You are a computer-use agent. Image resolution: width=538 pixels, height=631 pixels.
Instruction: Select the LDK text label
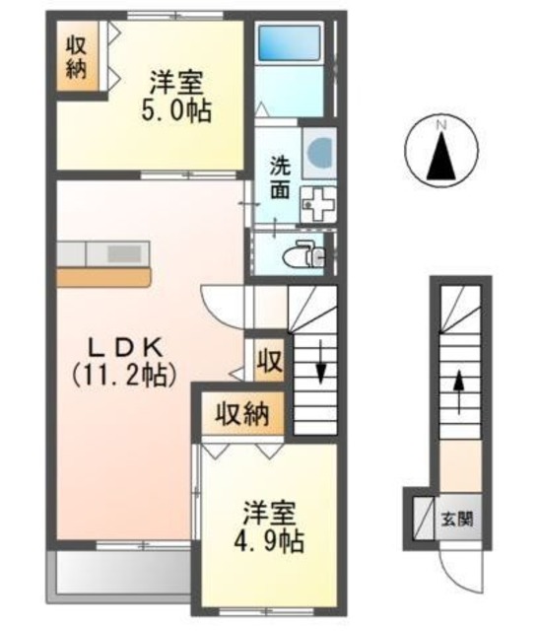pos(121,348)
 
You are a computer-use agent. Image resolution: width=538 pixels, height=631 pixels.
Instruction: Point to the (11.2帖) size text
pos(121,374)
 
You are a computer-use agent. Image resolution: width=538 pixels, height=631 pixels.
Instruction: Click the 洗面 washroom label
pos(280,176)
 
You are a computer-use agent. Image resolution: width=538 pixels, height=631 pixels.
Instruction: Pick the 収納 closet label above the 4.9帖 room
pos(243,414)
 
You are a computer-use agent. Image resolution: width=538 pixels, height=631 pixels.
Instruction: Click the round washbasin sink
pos(318,151)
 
